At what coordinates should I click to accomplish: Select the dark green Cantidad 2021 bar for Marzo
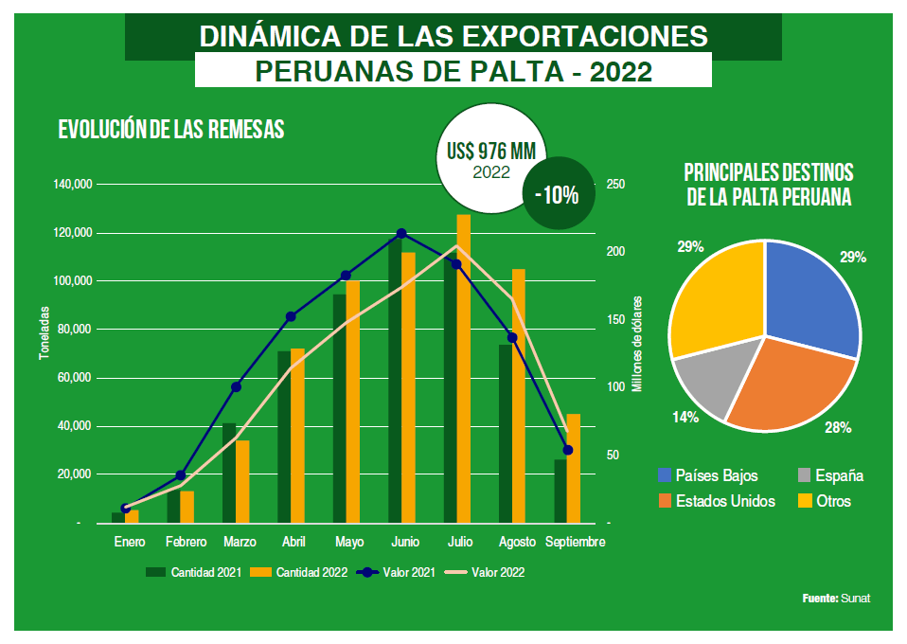tap(228, 474)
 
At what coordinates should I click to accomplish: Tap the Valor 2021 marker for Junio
tap(401, 233)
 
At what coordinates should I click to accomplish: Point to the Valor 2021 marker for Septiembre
tap(568, 450)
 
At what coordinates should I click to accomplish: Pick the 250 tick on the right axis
tap(615, 184)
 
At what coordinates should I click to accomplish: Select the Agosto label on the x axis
tap(516, 543)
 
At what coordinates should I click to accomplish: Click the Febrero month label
tap(186, 543)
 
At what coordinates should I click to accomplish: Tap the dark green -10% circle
tap(557, 195)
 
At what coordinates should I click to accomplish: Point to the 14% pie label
tap(686, 417)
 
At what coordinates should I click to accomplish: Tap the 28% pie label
tap(837, 428)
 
